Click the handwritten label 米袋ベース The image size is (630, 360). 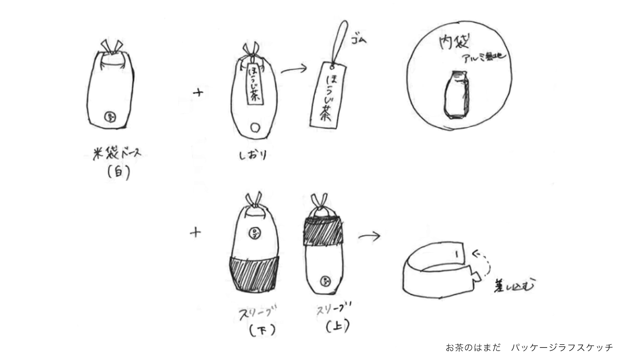[x=113, y=154]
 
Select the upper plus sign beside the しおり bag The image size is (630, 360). [x=198, y=93]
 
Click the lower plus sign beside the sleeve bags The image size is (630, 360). [x=195, y=233]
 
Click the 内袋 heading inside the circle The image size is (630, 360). [x=454, y=43]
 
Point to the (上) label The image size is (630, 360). [x=337, y=326]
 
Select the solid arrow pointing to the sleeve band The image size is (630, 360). [x=369, y=236]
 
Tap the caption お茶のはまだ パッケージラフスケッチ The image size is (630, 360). [x=529, y=347]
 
